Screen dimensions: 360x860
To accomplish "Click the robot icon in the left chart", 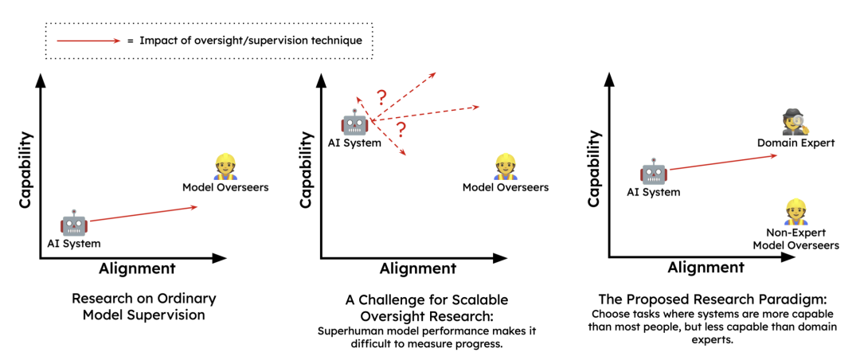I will click(74, 224).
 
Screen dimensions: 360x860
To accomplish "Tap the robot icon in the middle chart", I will click(354, 123).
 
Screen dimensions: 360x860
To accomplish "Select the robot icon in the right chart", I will click(654, 172).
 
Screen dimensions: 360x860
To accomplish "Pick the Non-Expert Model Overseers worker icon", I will click(795, 212).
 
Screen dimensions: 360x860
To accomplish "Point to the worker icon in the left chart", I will click(225, 167).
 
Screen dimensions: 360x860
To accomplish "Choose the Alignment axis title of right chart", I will click(706, 268).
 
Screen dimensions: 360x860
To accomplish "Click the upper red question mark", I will click(381, 98).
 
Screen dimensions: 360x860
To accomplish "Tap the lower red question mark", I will click(401, 128).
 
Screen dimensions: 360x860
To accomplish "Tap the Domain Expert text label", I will click(795, 143).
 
